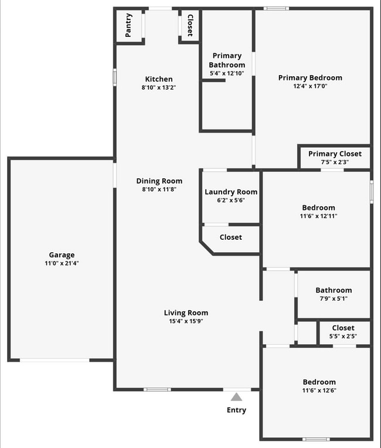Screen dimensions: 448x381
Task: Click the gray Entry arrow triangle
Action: pyautogui.click(x=236, y=397)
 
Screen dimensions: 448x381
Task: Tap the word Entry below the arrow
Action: pyautogui.click(x=236, y=410)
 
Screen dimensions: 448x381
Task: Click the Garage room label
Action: pyautogui.click(x=62, y=254)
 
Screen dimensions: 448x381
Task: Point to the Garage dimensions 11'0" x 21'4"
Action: pyautogui.click(x=62, y=263)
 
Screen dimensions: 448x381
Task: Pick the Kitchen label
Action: pyautogui.click(x=159, y=79)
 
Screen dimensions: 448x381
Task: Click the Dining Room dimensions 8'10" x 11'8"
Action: pyautogui.click(x=159, y=189)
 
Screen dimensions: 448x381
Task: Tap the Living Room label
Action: pyautogui.click(x=186, y=313)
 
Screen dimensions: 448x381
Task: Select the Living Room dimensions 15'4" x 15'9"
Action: pyautogui.click(x=186, y=321)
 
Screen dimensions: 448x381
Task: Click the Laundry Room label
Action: pyautogui.click(x=231, y=192)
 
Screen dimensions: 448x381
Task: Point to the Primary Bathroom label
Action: pyautogui.click(x=227, y=60)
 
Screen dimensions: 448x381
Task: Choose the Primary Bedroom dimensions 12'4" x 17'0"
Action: pyautogui.click(x=310, y=86)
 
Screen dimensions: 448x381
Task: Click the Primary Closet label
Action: pyautogui.click(x=335, y=154)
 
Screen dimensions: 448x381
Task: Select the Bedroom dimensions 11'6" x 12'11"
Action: pyautogui.click(x=318, y=216)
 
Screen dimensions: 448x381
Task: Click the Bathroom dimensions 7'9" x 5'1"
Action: pyautogui.click(x=334, y=298)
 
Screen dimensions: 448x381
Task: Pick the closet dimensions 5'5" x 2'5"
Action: pyautogui.click(x=343, y=337)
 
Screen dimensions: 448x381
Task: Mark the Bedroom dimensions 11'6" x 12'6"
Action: pyautogui.click(x=319, y=391)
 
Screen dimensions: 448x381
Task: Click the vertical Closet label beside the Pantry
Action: pyautogui.click(x=189, y=25)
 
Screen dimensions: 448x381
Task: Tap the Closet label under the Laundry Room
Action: pyautogui.click(x=231, y=237)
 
